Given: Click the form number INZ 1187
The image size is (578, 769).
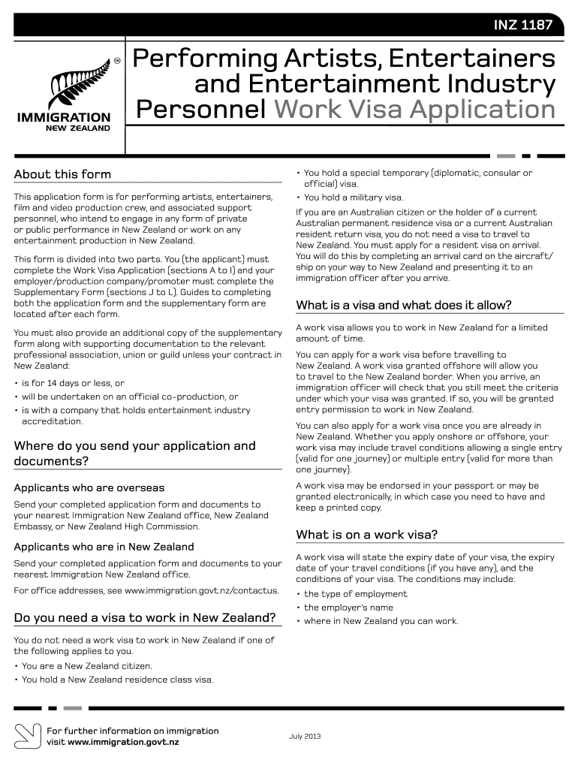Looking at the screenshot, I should pyautogui.click(x=522, y=26).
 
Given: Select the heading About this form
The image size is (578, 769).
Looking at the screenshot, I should pyautogui.click(x=62, y=174).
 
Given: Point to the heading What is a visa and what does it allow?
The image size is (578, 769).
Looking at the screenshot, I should pyautogui.click(x=404, y=305).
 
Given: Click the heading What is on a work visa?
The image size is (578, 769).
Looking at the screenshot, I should pyautogui.click(x=367, y=535).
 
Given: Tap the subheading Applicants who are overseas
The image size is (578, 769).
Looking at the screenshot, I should pyautogui.click(x=89, y=488).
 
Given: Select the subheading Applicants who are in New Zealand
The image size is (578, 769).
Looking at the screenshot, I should pyautogui.click(x=104, y=547).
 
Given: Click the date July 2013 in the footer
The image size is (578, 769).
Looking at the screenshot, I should pyautogui.click(x=305, y=736).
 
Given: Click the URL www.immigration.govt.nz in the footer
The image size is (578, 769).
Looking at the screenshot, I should pyautogui.click(x=123, y=742).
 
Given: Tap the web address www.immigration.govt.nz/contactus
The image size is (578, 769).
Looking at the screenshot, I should pyautogui.click(x=201, y=591).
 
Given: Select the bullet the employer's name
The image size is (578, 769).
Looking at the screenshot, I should pyautogui.click(x=348, y=608).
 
